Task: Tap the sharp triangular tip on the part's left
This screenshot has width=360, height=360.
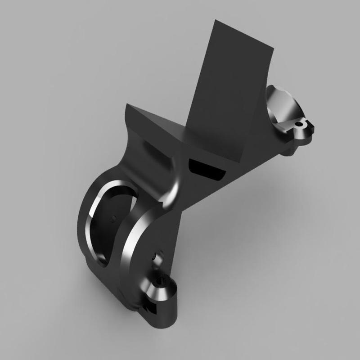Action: [127, 106]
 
